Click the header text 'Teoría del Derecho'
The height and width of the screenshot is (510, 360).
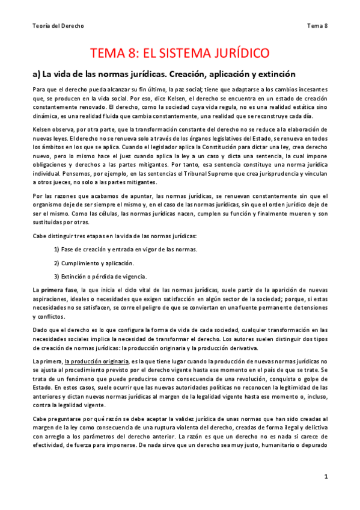[58, 25]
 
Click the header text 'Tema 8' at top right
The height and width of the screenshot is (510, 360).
[317, 25]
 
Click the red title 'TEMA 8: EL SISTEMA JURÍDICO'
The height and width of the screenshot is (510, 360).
[179, 54]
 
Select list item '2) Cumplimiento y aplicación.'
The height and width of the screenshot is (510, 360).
[94, 263]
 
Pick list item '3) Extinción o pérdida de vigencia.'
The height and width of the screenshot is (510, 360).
[100, 277]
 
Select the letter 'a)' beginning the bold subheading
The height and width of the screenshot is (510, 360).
[36, 75]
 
